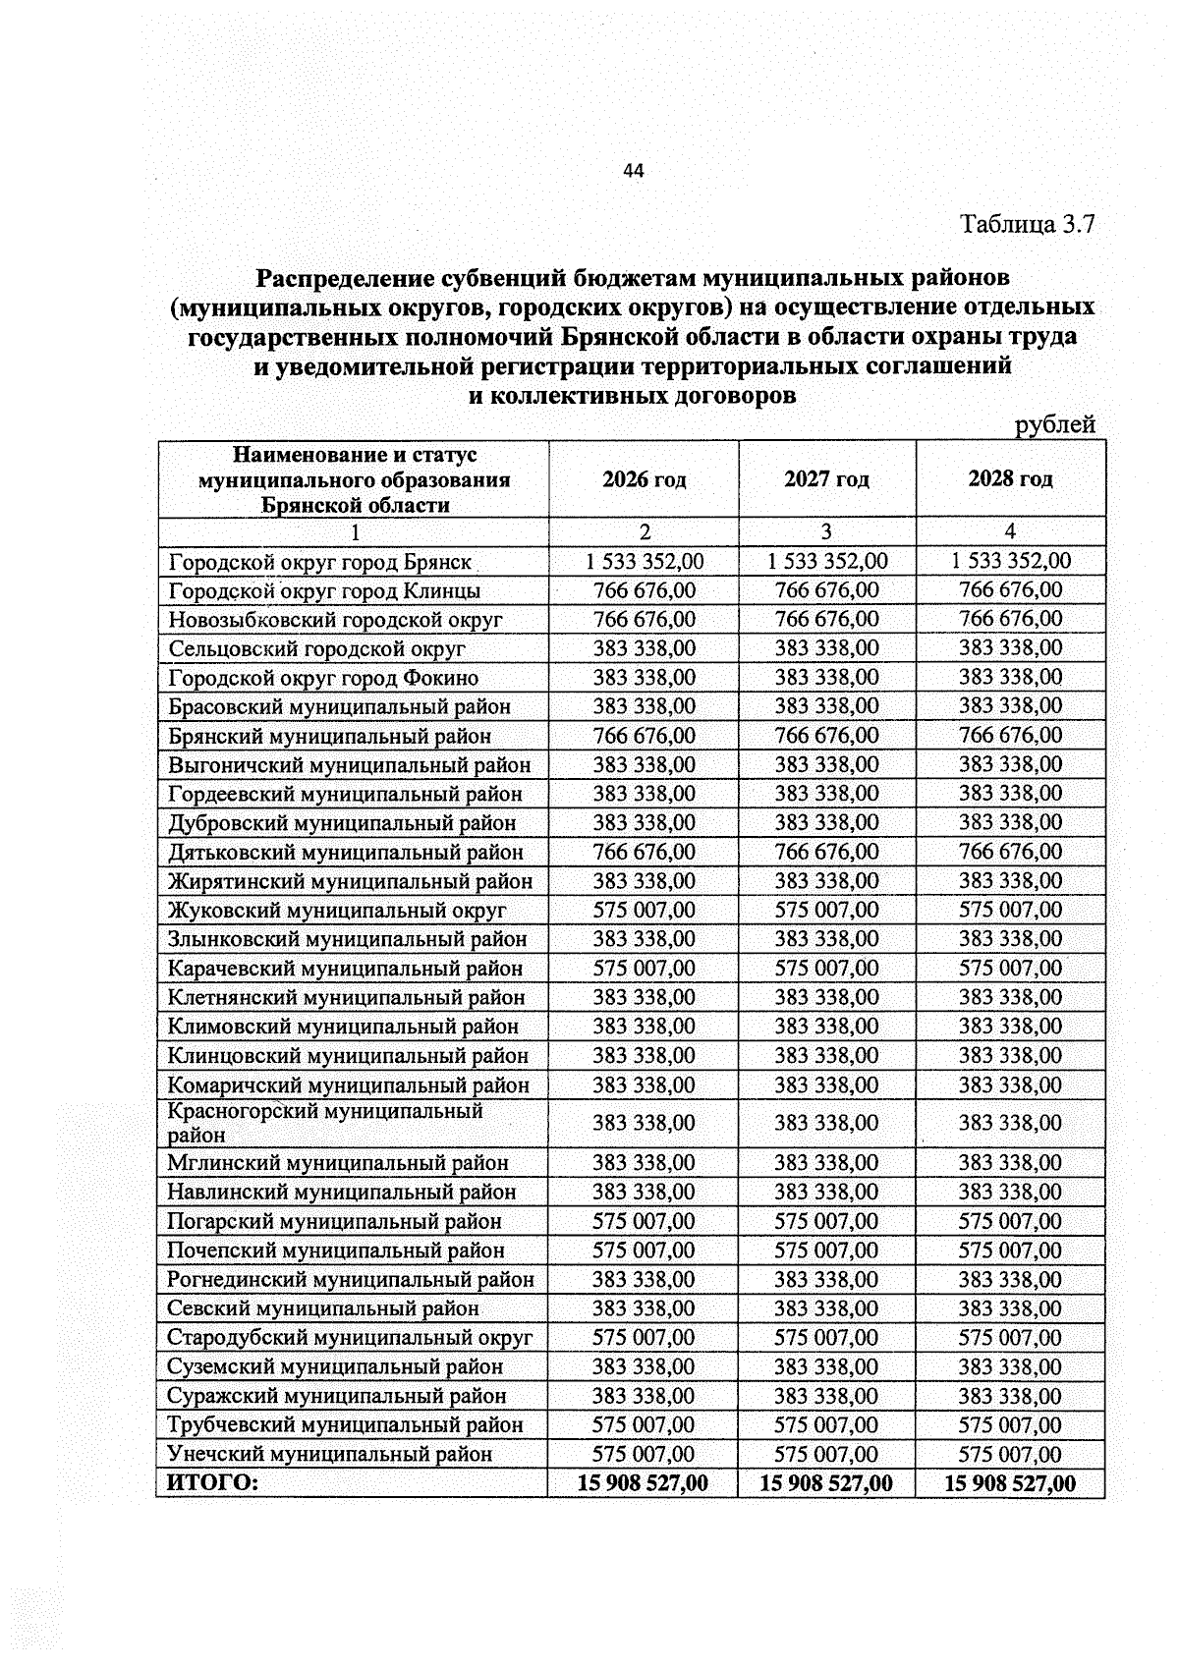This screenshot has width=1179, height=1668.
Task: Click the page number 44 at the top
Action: click(x=633, y=171)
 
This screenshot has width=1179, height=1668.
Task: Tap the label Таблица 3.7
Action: click(x=1027, y=224)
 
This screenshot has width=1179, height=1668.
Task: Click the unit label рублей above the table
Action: click(x=1054, y=424)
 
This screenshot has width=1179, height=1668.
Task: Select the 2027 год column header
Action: click(x=826, y=479)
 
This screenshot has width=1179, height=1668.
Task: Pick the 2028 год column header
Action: click(x=1010, y=479)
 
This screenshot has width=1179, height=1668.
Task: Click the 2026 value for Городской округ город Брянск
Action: click(x=645, y=561)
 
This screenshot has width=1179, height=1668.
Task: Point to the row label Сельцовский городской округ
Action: click(x=316, y=649)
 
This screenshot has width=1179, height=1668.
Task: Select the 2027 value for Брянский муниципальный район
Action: click(x=826, y=736)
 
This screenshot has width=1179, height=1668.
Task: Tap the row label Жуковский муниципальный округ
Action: click(x=337, y=911)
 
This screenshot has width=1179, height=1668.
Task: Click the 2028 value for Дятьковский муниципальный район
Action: click(x=1010, y=852)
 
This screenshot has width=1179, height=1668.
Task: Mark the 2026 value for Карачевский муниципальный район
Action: click(x=645, y=969)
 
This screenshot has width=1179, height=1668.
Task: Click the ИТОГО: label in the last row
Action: click(x=212, y=1483)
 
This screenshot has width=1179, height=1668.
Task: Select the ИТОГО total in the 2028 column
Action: click(x=1010, y=1483)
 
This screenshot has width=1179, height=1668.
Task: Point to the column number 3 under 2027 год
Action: click(x=826, y=531)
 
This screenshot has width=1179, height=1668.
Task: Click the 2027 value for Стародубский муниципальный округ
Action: click(x=826, y=1338)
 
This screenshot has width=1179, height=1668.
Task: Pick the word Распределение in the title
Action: click(x=340, y=279)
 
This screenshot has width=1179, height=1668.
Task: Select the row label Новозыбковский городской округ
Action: click(x=335, y=620)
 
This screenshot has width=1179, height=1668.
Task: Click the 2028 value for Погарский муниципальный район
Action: click(x=1010, y=1221)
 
